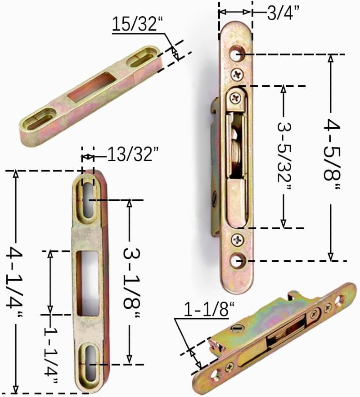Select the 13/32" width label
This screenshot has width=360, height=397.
coord(133,154)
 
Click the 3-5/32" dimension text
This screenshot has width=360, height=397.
coord(284,157)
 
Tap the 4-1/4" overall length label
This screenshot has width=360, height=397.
coord(14,283)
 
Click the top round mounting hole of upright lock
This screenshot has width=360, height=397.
coord(237,54)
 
